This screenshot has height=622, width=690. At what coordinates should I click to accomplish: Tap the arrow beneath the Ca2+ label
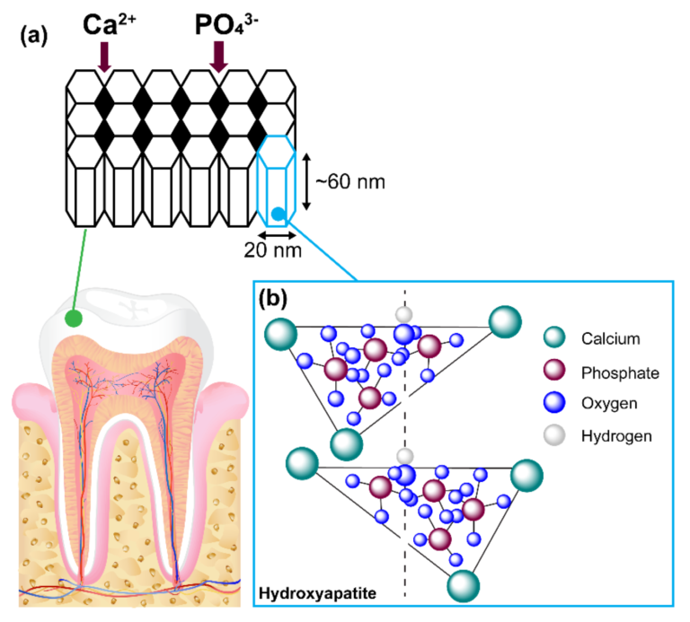coord(104,61)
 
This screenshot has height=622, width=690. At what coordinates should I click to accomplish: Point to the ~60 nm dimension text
coord(349,182)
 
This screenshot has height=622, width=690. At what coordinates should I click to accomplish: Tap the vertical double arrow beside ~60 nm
coord(305,181)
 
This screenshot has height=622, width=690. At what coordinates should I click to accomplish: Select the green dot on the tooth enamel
coord(73,319)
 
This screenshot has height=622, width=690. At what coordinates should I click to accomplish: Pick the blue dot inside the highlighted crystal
coord(279,214)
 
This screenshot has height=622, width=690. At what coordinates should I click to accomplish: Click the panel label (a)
coord(33,38)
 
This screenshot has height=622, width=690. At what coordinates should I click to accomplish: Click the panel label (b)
coord(274,297)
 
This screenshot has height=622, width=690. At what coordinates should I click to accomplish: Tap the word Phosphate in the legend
coord(619,372)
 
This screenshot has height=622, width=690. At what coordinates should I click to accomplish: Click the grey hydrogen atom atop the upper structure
coord(404,314)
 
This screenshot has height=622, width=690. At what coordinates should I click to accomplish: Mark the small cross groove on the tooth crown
coord(132,308)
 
